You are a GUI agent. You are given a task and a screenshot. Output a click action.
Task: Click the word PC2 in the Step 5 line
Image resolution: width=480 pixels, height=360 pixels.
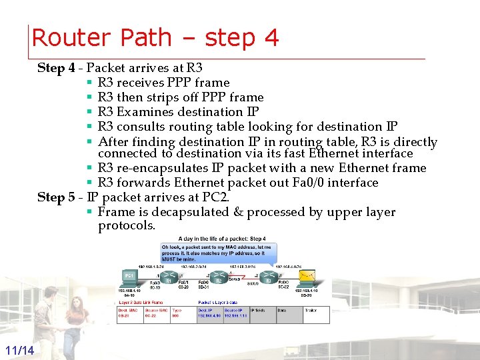point(213,197)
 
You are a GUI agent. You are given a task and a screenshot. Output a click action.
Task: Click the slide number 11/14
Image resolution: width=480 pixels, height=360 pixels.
point(19,351)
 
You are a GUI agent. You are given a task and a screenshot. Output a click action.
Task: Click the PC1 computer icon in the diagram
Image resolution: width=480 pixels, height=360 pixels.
point(129,277)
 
